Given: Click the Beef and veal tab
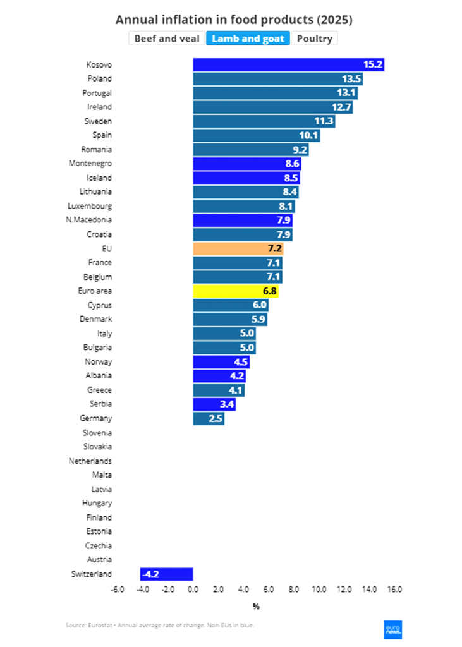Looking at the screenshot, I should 166,39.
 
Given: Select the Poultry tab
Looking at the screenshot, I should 315,39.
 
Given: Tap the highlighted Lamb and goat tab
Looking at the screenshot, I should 248,39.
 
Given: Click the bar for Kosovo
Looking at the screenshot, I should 288,64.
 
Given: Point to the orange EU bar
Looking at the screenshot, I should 238,248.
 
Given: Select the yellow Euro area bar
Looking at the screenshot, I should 236,291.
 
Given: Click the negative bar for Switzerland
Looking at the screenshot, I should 167,574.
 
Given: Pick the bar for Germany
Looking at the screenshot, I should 209,418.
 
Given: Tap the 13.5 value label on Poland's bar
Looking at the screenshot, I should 351,79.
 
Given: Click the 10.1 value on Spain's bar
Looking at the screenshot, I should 309,135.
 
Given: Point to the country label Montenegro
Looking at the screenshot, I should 90,164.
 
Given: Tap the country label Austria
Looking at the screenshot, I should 99,560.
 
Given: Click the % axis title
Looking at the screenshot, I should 256,607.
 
